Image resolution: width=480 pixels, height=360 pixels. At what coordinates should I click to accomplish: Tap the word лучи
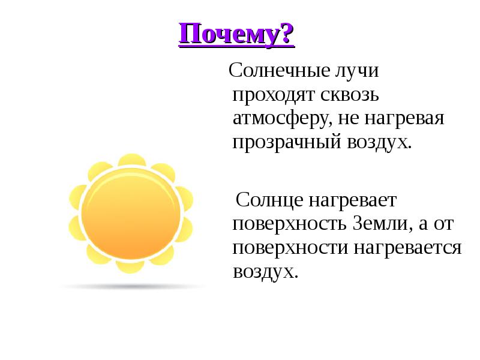pyautogui.click(x=358, y=71)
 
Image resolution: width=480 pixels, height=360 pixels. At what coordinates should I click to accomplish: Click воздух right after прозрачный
pyautogui.click(x=379, y=143)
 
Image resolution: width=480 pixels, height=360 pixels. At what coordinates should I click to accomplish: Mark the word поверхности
pyautogui.click(x=290, y=247)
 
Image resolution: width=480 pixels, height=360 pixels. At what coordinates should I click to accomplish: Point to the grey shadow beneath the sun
pyautogui.click(x=132, y=286)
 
